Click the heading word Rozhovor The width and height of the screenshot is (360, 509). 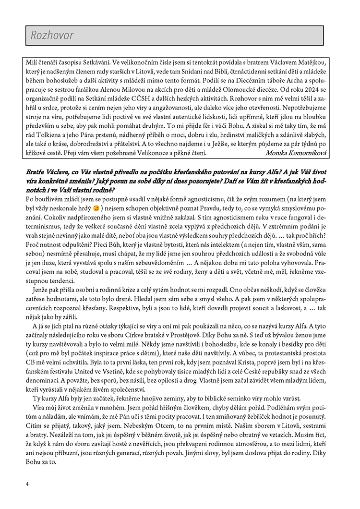pyautogui.click(x=52, y=36)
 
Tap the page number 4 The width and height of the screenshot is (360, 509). pyautogui.click(x=28, y=484)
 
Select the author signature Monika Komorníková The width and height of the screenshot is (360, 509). pyautogui.click(x=296, y=153)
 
